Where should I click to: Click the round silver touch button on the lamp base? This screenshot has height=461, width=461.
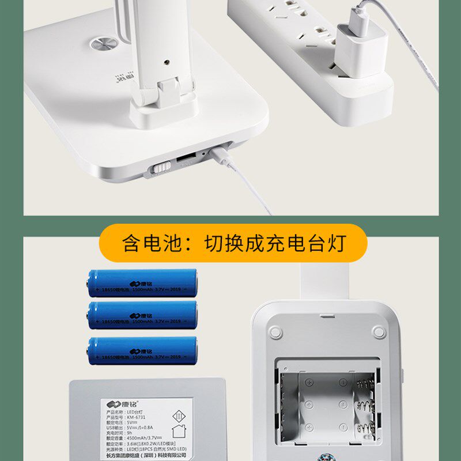click(102, 45)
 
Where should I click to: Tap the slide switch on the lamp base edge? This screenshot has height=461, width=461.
click(161, 167)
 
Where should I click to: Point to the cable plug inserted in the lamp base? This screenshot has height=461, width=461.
click(219, 153)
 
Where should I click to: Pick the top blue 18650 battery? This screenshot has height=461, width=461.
click(142, 283)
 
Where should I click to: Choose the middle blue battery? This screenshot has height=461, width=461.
click(142, 315)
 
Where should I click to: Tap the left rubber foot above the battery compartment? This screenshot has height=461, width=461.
click(275, 332)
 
